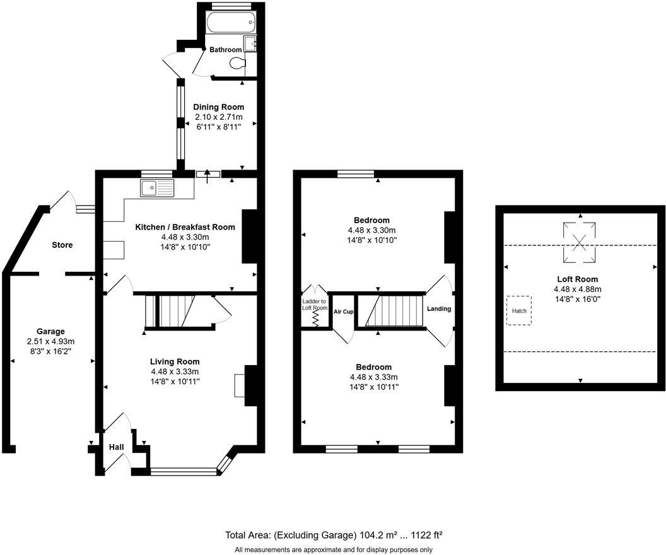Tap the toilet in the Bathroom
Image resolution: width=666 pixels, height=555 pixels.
pyautogui.click(x=238, y=63)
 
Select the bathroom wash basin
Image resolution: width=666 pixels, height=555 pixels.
pyautogui.click(x=250, y=44)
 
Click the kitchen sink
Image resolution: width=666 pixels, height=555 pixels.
pyautogui.click(x=157, y=188)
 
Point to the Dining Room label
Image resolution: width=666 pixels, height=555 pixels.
pyautogui.click(x=218, y=107)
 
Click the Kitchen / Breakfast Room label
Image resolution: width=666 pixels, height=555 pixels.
pyautogui.click(x=185, y=227)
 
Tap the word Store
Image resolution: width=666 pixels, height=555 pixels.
pyautogui.click(x=62, y=245)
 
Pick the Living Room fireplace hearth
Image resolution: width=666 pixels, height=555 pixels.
pyautogui.click(x=239, y=385)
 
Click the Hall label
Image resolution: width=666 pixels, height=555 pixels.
pyautogui.click(x=117, y=447)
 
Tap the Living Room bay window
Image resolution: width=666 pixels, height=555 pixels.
pyautogui.click(x=184, y=470)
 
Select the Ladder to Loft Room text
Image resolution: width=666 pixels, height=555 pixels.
pyautogui.click(x=315, y=305)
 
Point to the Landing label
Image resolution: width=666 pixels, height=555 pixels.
pyautogui.click(x=439, y=309)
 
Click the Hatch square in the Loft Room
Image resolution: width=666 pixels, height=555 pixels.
pyautogui.click(x=519, y=311)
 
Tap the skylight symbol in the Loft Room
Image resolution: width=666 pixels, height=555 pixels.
pyautogui.click(x=580, y=241)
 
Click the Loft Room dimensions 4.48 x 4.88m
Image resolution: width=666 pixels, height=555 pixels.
pyautogui.click(x=577, y=289)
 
